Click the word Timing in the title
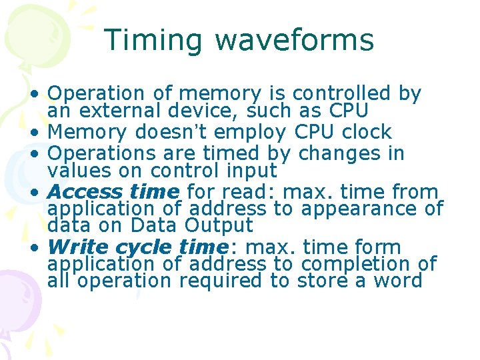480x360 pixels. [x=153, y=40]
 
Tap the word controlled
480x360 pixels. [x=342, y=94]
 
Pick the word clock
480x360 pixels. [x=369, y=132]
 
